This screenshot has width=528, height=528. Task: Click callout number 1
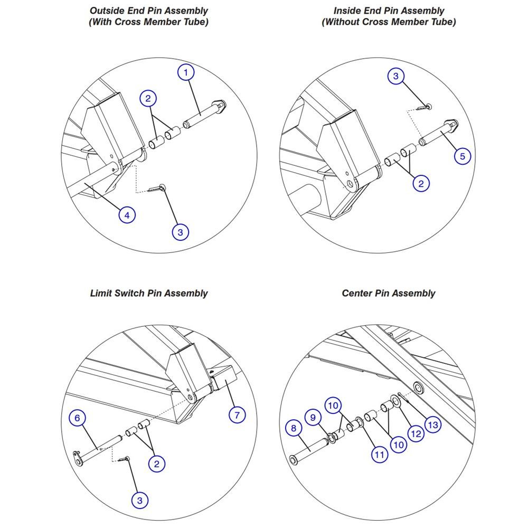click(x=186, y=72)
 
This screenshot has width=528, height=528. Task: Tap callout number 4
click(x=127, y=215)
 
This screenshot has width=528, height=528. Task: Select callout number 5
click(x=463, y=156)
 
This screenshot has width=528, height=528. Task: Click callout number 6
click(x=78, y=418)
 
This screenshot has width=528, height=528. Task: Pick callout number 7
click(x=237, y=414)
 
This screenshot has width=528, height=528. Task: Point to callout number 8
click(x=294, y=428)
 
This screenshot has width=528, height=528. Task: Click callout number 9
click(x=313, y=418)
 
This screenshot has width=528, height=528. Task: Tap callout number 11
click(x=380, y=455)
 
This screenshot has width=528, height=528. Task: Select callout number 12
click(x=416, y=433)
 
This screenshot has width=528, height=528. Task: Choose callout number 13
click(x=433, y=425)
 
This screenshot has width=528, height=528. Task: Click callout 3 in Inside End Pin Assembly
click(x=396, y=76)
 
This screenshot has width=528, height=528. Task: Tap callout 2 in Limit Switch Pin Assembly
click(x=157, y=464)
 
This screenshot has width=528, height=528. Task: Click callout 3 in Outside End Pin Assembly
click(x=180, y=232)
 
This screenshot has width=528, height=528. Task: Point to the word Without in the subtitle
click(x=341, y=22)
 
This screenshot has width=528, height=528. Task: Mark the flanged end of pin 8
click(x=294, y=460)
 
